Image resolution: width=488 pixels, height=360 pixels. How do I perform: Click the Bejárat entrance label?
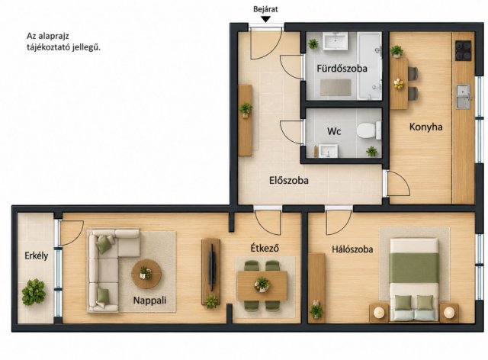(265, 9)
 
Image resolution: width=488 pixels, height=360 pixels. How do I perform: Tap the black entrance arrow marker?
(265, 19)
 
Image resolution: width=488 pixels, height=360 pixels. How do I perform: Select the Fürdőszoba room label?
(342, 68)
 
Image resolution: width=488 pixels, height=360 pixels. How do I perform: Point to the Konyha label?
(425, 127)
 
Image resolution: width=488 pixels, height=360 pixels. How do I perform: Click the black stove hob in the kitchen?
(463, 50)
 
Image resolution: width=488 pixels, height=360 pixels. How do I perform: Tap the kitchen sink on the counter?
(464, 97)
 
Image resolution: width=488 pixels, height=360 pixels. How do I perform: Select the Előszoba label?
(289, 180)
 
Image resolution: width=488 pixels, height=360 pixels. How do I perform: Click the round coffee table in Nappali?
(146, 274)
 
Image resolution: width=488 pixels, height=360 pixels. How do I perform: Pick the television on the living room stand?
(212, 267)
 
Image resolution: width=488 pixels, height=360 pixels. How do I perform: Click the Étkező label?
(265, 248)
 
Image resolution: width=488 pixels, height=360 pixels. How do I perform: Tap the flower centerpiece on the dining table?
(262, 284)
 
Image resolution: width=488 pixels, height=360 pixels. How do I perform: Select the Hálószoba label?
(352, 249)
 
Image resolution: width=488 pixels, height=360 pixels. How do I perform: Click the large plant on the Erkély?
(34, 292)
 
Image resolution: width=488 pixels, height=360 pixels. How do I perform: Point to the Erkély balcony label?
(37, 256)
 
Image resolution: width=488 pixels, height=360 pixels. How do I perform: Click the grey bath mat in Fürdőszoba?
(335, 88)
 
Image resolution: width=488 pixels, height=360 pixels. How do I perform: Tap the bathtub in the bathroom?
(369, 66)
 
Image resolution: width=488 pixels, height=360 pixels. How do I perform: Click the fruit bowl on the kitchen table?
(398, 84)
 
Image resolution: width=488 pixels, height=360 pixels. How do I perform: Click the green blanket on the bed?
(414, 268)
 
